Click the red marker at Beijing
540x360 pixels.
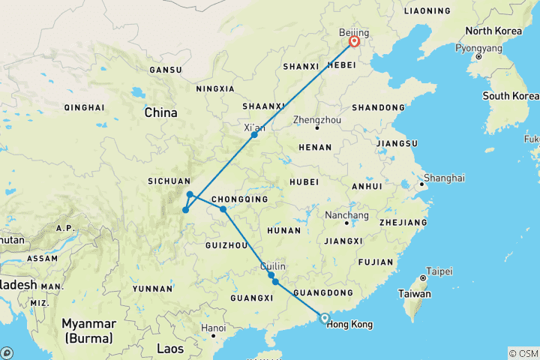click(354, 42)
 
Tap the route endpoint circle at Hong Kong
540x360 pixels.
click(324, 317)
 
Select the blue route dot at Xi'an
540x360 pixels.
click(255, 134)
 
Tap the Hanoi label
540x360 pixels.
click(213, 328)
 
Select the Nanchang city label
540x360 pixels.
click(347, 214)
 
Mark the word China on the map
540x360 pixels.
click(160, 112)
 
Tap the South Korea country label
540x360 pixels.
click(510, 96)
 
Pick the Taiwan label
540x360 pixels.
click(414, 294)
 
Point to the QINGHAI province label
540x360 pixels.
click(85, 107)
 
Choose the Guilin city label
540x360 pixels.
click(273, 266)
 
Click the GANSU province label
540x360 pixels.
click(165, 70)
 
